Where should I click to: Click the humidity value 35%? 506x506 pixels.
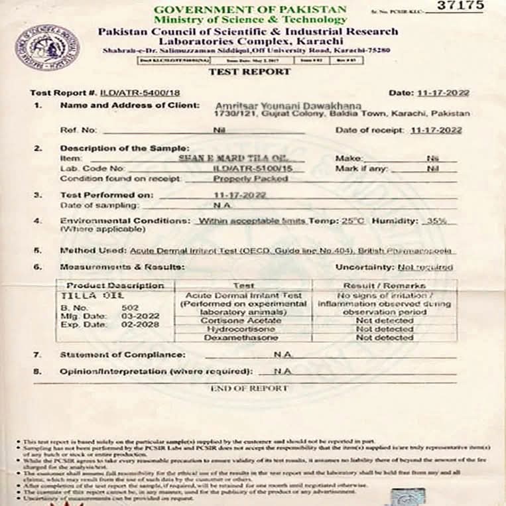tap(437, 220)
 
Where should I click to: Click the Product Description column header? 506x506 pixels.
tap(112, 285)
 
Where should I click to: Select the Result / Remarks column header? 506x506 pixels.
tap(385, 285)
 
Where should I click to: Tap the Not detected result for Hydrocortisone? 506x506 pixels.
tap(385, 329)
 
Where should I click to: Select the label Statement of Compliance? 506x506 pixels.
tap(122, 355)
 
